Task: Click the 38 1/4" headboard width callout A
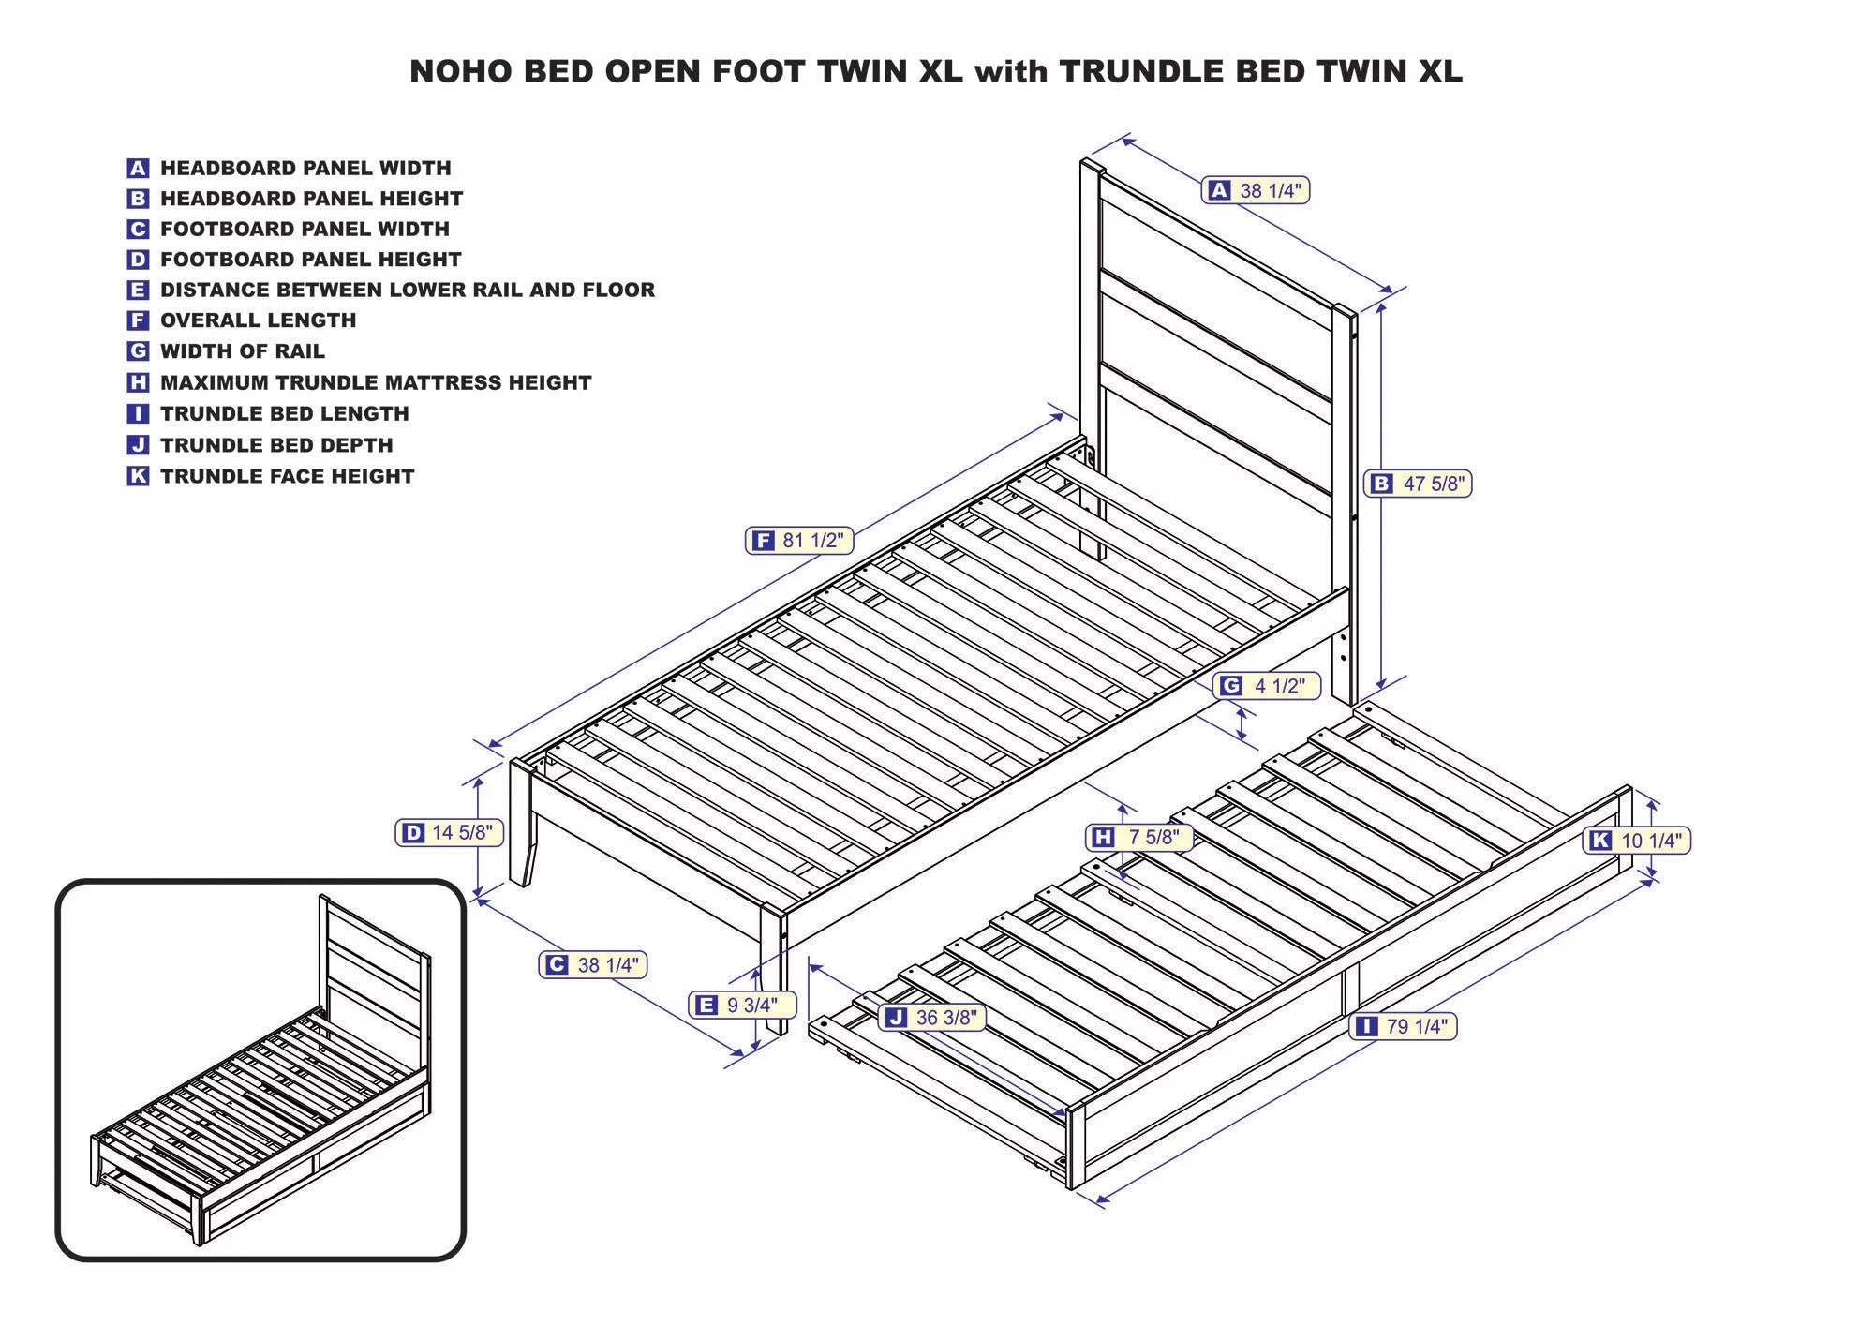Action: coord(1256,190)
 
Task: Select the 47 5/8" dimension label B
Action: coord(1418,484)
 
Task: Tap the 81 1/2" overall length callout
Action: coord(799,541)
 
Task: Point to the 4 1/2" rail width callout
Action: coord(1267,686)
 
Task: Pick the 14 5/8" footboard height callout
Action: coord(449,832)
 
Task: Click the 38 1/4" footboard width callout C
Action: coord(593,964)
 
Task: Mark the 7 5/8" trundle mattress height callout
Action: coord(1139,837)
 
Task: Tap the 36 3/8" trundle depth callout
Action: coord(932,1018)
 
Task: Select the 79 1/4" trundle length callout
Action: coord(1404,1026)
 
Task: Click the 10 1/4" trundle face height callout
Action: coord(1637,841)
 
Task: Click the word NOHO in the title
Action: coord(460,72)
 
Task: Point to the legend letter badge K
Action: coord(138,476)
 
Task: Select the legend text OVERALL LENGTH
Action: coord(258,320)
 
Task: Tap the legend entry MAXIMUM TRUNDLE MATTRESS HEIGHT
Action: coord(376,382)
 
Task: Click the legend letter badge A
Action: coord(138,169)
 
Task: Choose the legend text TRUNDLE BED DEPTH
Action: coord(276,445)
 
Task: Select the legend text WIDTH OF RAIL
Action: coord(242,351)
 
